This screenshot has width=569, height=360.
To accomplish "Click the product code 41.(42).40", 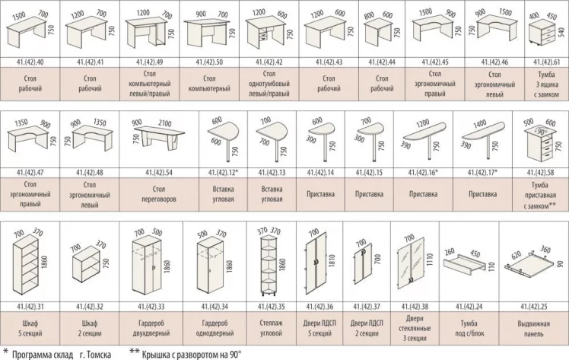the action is point(30,62).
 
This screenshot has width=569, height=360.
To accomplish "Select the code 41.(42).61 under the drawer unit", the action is point(546,62).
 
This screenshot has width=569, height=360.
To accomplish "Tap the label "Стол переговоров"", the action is point(158,194).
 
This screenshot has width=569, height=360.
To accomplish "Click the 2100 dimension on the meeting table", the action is point(164,123).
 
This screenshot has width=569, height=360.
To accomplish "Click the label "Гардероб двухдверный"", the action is point(151,328).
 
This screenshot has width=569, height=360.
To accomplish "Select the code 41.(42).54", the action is point(158,173).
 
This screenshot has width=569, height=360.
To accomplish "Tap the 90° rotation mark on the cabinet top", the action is point(541,132).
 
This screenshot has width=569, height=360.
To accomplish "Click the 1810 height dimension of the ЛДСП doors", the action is point(332,261).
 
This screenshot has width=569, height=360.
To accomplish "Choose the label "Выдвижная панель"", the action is point(533,328).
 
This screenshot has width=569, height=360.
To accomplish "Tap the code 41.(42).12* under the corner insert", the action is point(223,173).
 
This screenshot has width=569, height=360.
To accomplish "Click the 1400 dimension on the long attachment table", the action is point(480,124).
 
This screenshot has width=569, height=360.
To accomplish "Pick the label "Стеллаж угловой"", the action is point(271,328).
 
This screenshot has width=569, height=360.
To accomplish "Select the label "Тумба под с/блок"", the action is point(469,328).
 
